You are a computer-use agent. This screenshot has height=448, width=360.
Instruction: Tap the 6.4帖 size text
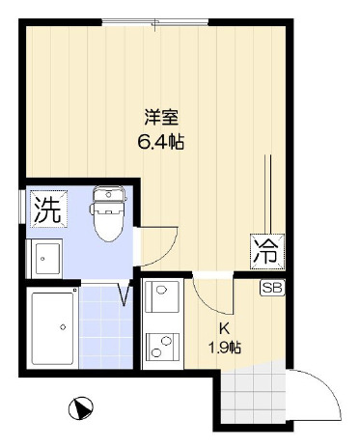pyautogui.click(x=160, y=142)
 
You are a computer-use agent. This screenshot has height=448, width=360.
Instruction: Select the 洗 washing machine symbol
pyautogui.click(x=44, y=210)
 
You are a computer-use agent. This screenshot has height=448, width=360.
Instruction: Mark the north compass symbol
pyautogui.click(x=81, y=407)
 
